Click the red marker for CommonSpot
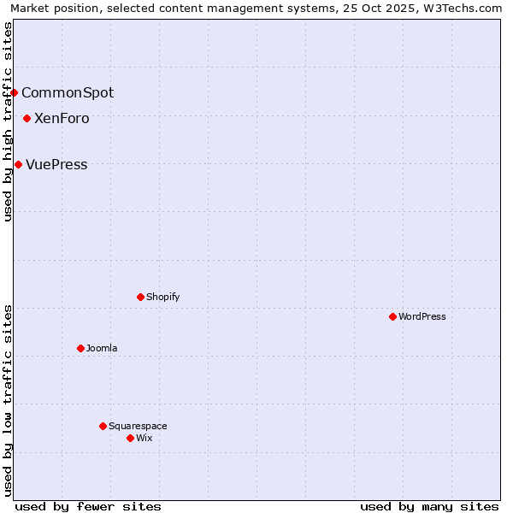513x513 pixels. click(15, 92)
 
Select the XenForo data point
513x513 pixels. click(27, 118)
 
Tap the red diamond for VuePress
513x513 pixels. click(19, 164)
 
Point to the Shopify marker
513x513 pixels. click(140, 297)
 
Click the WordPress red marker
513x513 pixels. click(392, 316)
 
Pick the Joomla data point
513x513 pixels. click(80, 348)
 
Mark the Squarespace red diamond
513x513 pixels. click(103, 426)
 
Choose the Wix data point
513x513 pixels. click(130, 438)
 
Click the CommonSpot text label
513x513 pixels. click(68, 92)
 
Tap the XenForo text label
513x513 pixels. click(62, 118)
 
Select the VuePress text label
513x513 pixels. click(56, 164)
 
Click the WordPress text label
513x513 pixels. click(422, 316)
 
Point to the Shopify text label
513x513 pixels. click(162, 297)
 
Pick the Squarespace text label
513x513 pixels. click(138, 426)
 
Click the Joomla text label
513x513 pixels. click(102, 348)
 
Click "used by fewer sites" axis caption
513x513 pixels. click(88, 506)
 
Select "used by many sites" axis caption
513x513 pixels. click(429, 506)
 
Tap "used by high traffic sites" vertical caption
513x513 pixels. click(8, 121)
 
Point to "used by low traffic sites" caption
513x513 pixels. click(8, 400)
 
